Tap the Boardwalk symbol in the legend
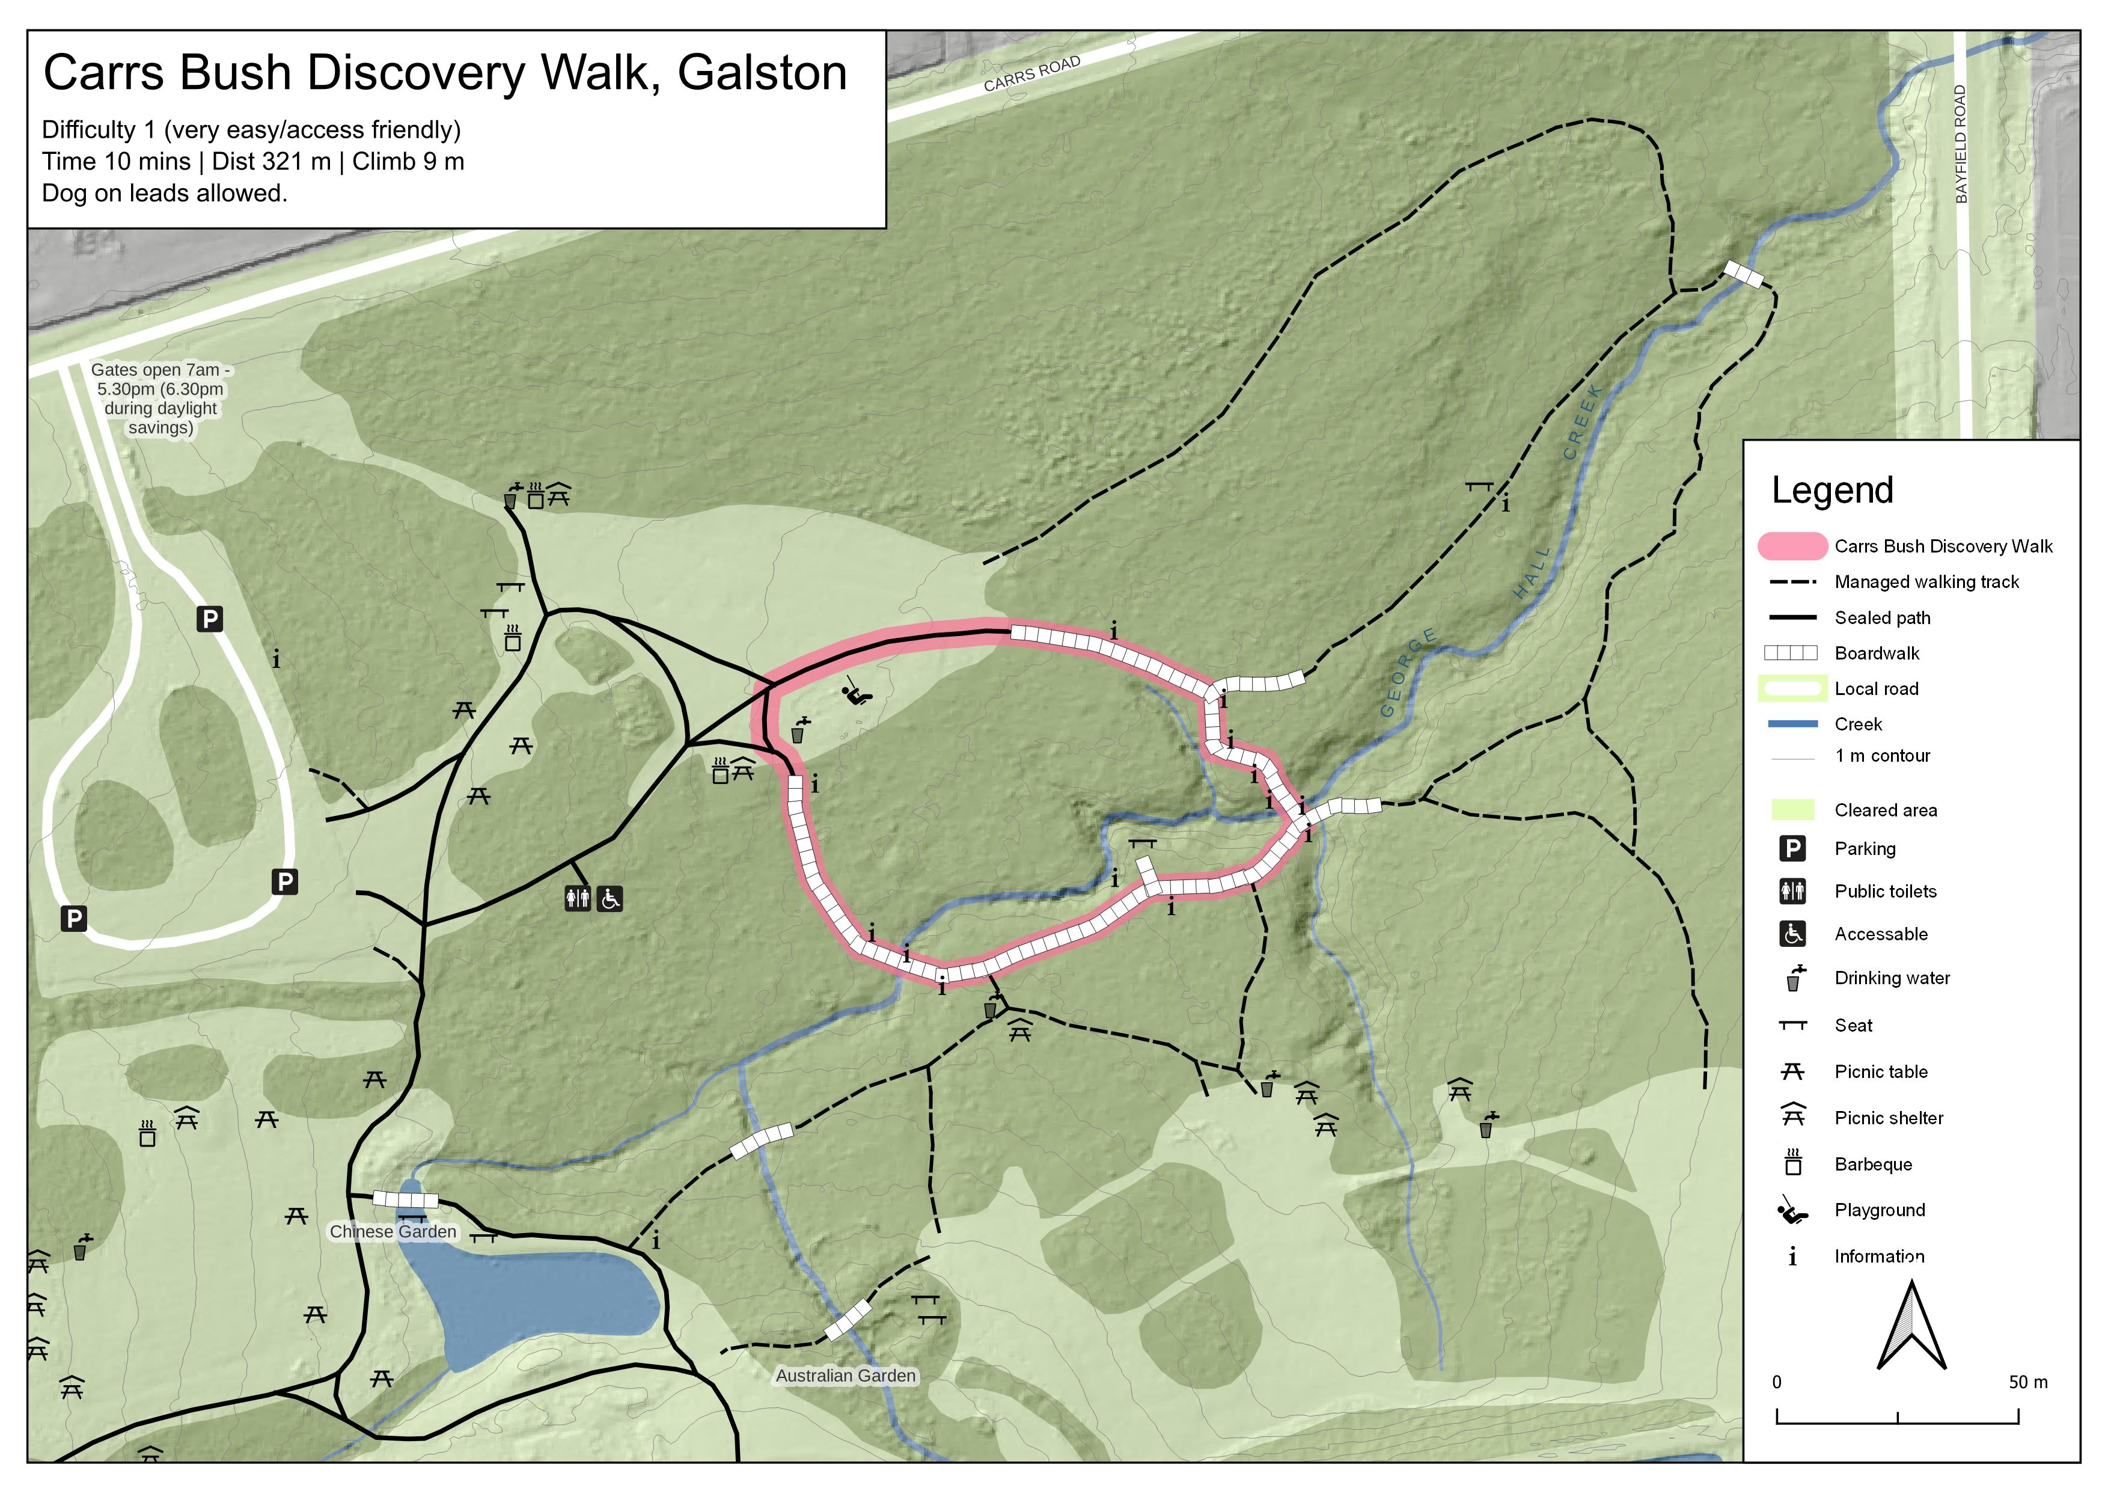(1791, 653)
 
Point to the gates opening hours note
(160, 399)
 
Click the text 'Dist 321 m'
(271, 162)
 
